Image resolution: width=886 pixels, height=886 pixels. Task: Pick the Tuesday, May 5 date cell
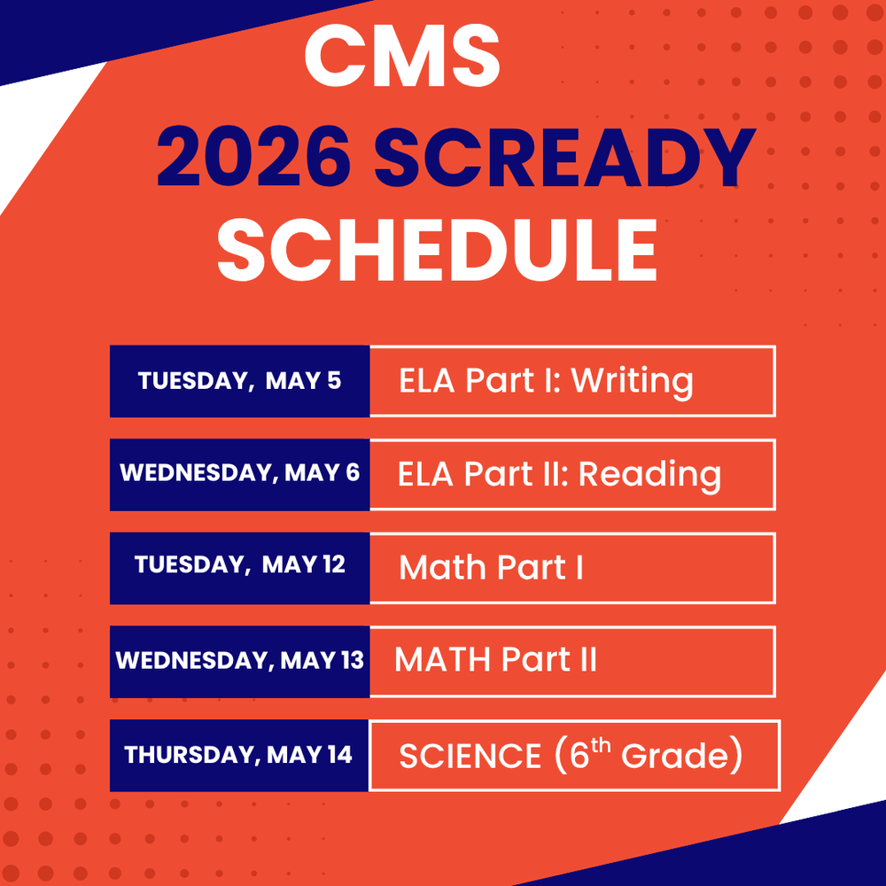click(239, 381)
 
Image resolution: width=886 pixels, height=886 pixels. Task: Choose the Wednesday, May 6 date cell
click(239, 473)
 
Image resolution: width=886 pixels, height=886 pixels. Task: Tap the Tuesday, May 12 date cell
click(239, 564)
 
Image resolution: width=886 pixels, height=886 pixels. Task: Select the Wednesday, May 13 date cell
click(239, 660)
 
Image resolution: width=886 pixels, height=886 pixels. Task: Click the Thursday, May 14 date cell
click(238, 755)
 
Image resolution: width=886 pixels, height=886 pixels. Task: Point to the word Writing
click(632, 381)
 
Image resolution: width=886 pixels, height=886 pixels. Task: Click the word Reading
click(649, 474)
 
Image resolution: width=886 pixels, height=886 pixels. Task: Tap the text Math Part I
click(491, 567)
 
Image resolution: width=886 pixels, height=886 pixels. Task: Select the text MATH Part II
click(495, 660)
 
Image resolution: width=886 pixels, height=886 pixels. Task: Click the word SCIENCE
click(470, 757)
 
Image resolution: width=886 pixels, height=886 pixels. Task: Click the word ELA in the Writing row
click(427, 381)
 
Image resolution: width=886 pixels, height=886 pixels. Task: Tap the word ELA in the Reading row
click(427, 474)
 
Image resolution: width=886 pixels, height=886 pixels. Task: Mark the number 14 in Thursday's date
click(339, 755)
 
